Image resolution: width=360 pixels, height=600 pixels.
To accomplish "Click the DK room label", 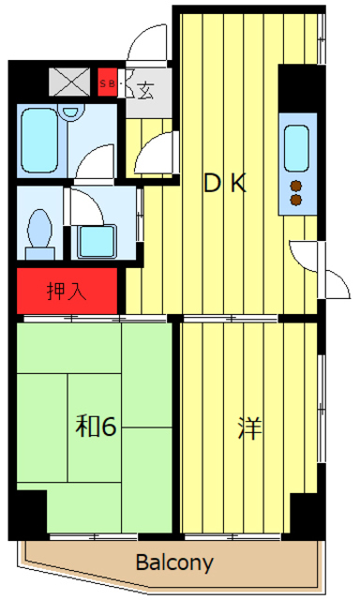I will (x=225, y=184).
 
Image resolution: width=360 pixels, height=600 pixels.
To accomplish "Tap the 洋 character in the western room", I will (x=249, y=428).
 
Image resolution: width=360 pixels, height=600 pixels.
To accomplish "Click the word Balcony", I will (x=174, y=564).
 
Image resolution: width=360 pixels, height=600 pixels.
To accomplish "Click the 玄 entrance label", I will (x=146, y=90).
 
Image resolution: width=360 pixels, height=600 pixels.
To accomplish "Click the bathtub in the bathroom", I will (x=42, y=141).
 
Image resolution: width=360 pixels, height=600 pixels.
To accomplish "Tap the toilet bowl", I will (x=39, y=228).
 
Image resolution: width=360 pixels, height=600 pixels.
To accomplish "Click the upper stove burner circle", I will (x=296, y=185).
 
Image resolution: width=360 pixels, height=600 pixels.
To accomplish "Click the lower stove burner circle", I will (x=296, y=199).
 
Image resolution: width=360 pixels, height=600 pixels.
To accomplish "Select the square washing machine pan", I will (x=97, y=241).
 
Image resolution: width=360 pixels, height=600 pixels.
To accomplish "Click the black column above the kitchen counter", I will (x=300, y=88).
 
